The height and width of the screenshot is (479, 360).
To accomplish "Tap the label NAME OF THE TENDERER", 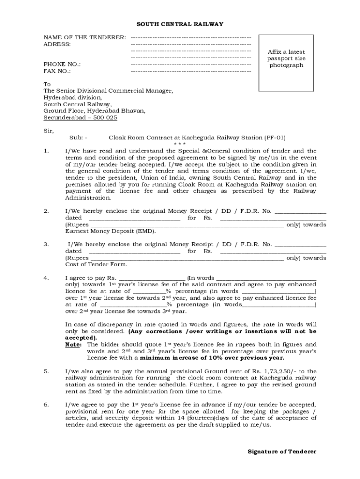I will point(85,37).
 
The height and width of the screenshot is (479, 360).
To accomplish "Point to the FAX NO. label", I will point(57,71).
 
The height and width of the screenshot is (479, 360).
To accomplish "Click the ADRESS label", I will point(57,44).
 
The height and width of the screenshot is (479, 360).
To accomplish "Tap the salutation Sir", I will point(49,131).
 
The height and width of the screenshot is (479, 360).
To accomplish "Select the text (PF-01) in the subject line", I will point(274,138).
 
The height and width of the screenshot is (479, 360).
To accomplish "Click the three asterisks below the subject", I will point(180,144).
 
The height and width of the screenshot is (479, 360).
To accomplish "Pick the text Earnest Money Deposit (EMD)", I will point(111,231).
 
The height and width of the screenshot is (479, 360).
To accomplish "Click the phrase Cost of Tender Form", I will point(89,264).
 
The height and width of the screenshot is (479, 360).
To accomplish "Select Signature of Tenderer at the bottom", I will point(282,451).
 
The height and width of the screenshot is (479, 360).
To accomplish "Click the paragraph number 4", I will point(46,278).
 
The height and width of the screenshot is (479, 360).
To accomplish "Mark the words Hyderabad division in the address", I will point(72,98).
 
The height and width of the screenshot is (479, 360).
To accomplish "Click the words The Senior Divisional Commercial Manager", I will point(108,91).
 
